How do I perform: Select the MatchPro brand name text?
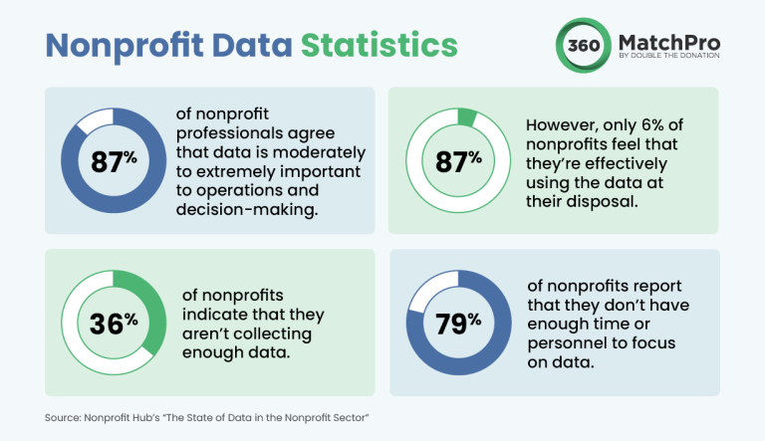click(x=674, y=42)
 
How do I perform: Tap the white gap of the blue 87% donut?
click(x=93, y=119)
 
